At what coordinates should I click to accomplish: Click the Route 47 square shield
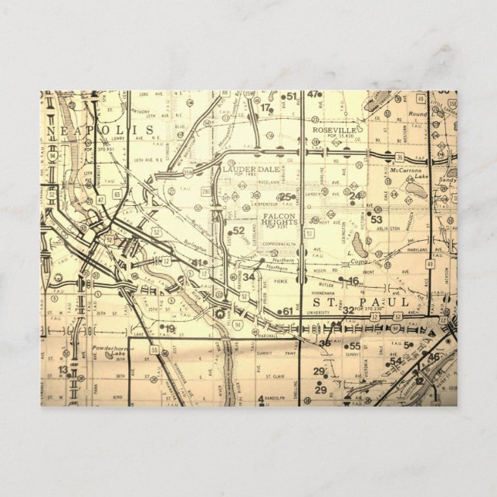click(100, 199)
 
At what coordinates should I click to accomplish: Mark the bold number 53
click(377, 220)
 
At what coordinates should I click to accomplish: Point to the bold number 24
click(355, 195)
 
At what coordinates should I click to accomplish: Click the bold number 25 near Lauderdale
click(286, 197)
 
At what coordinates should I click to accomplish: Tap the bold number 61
click(288, 311)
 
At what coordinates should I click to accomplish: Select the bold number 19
click(170, 329)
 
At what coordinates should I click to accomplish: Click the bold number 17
click(266, 108)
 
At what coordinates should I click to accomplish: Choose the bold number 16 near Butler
click(353, 281)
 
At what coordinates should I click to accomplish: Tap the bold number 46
click(434, 357)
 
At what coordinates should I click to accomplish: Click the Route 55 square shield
click(154, 350)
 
